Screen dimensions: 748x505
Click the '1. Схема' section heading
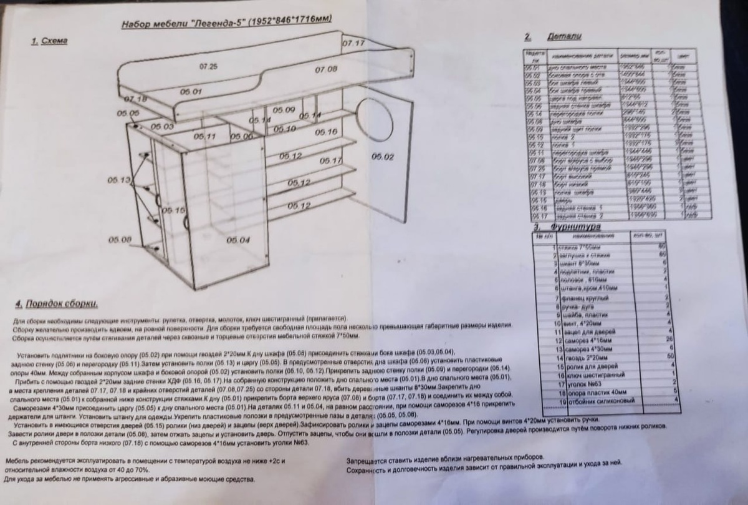(49, 41)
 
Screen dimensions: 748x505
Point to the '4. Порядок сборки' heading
(57, 304)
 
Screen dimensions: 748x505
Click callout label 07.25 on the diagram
(209, 66)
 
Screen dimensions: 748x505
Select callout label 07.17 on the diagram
(353, 44)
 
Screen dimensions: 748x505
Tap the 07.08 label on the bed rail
(325, 69)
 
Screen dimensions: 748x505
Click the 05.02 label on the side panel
(383, 156)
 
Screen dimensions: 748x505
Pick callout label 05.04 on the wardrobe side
(238, 240)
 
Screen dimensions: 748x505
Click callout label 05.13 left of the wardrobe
(119, 180)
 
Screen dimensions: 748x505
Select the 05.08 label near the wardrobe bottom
(120, 239)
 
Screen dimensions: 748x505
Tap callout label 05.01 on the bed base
(191, 92)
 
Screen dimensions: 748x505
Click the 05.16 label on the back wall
(326, 132)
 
